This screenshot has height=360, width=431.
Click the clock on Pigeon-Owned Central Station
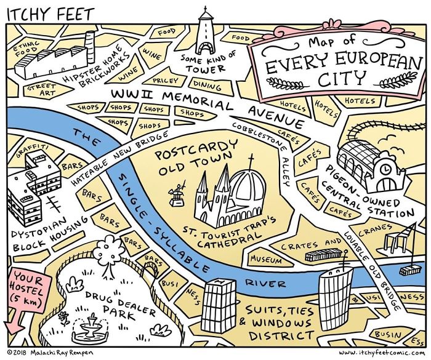coord(385,167)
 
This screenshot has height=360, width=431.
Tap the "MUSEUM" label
coord(266,259)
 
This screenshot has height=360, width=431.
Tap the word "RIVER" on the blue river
coord(266,284)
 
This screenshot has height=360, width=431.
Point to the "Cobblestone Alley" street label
coord(264,148)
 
